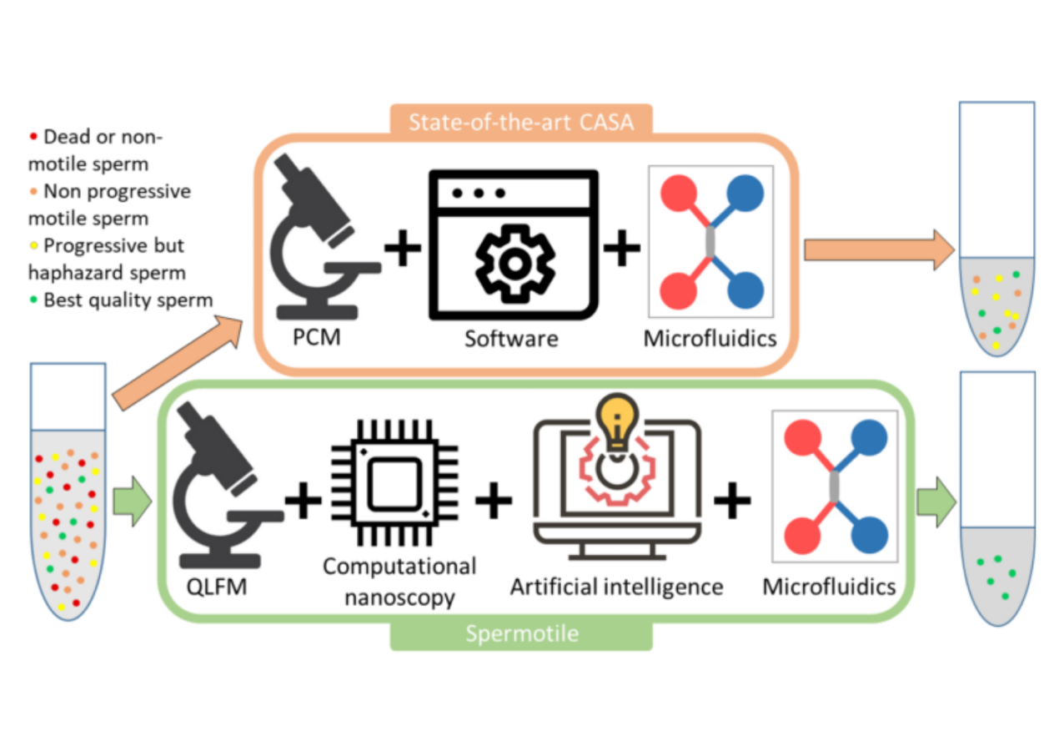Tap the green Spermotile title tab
pos(521,634)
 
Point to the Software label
pos(510,339)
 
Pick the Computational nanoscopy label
pos(399,582)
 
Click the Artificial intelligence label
pos(616,587)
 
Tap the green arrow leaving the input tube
pos(133,502)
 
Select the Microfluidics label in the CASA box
pos(710,339)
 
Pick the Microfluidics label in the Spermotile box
pos(829,587)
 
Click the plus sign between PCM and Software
pos(403,251)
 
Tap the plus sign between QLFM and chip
pos(303,501)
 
